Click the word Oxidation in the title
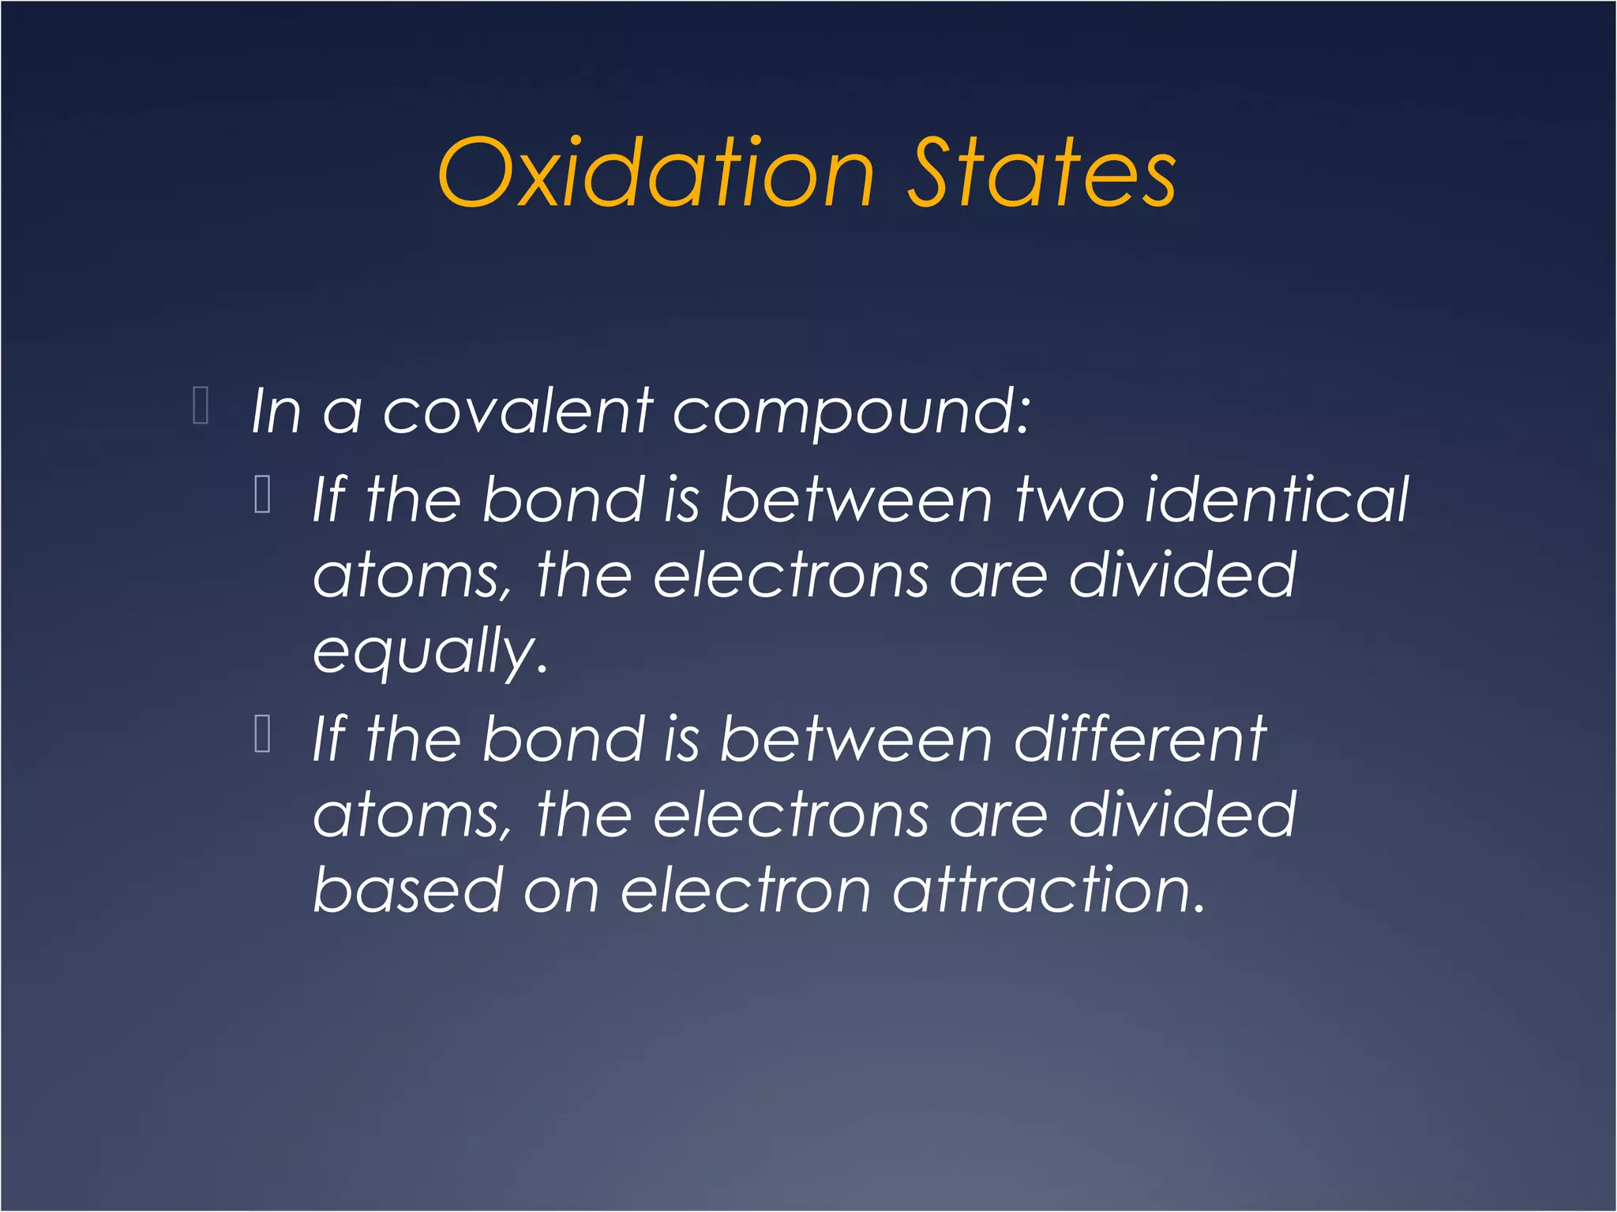pyautogui.click(x=656, y=174)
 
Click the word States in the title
pyautogui.click(x=1041, y=174)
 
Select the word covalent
pyautogui.click(x=518, y=412)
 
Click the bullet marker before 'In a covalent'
pyautogui.click(x=201, y=406)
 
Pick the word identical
pyautogui.click(x=1277, y=500)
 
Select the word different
pyautogui.click(x=1140, y=739)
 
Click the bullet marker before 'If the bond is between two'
pyautogui.click(x=264, y=495)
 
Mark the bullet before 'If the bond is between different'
pyautogui.click(x=264, y=734)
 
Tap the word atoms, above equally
pyautogui.click(x=412, y=577)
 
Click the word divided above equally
pyautogui.click(x=1182, y=575)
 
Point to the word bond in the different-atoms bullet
pyautogui.click(x=564, y=739)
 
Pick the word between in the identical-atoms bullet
pyautogui.click(x=856, y=500)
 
